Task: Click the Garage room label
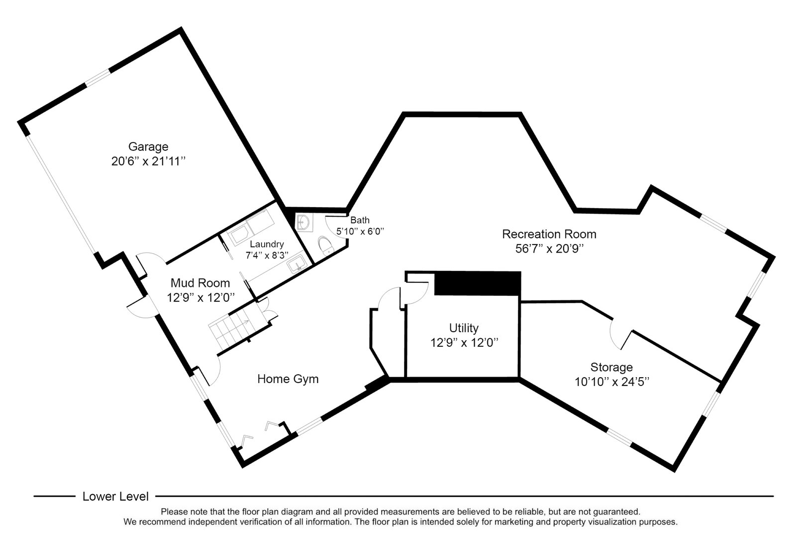click(x=148, y=146)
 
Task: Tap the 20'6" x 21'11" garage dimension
click(x=148, y=161)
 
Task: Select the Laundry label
click(x=267, y=244)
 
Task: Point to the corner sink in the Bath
click(x=303, y=222)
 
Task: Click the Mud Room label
click(x=200, y=283)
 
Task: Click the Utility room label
click(x=464, y=328)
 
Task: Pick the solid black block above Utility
click(x=477, y=283)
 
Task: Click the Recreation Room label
click(x=549, y=234)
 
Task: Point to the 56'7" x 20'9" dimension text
click(x=549, y=249)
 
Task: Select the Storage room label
click(x=611, y=367)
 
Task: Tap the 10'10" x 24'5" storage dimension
click(x=611, y=382)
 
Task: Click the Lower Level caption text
click(x=115, y=496)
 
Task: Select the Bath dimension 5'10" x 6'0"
click(x=361, y=231)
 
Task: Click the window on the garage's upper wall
click(x=98, y=78)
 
